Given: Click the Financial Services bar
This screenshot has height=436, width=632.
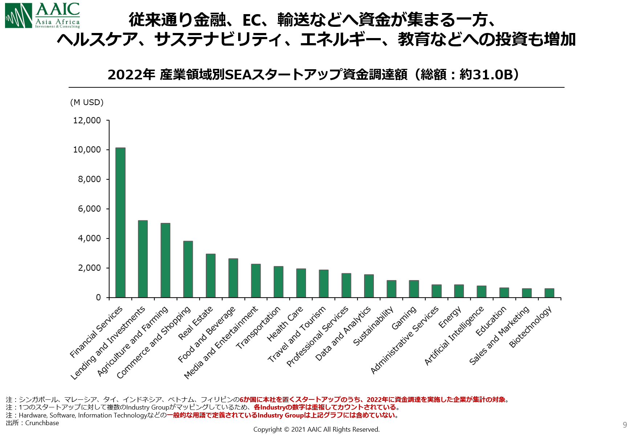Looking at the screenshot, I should click(x=121, y=223).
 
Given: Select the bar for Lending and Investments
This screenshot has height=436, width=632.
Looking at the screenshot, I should click(x=143, y=259).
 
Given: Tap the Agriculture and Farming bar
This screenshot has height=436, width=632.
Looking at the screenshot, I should click(x=166, y=260).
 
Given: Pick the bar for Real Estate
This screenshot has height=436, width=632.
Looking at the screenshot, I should click(x=211, y=275).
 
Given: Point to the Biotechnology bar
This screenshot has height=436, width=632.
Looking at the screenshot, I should click(x=549, y=293).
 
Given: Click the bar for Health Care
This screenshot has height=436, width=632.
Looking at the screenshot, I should click(x=301, y=283).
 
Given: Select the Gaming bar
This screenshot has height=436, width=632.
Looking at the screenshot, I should click(x=414, y=289).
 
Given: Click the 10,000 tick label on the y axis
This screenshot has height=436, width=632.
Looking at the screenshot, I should click(x=87, y=150).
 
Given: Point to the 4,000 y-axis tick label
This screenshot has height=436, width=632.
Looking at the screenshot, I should click(x=89, y=238).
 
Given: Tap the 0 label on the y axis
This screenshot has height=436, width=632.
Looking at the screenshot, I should click(x=98, y=298).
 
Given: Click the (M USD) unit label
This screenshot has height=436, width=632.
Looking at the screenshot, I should click(x=87, y=102).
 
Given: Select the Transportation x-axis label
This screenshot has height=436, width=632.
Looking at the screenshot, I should click(x=258, y=328).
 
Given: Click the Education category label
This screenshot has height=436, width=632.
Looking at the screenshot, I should click(x=491, y=321).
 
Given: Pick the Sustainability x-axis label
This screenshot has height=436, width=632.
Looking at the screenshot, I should click(x=373, y=326).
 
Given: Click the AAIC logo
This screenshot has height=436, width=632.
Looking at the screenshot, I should click(x=42, y=16).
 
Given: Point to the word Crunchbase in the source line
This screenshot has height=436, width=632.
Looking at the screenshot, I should click(x=42, y=423).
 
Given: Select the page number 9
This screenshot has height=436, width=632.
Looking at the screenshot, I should click(x=625, y=425).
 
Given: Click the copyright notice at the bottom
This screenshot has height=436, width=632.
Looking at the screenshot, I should click(x=316, y=429).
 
